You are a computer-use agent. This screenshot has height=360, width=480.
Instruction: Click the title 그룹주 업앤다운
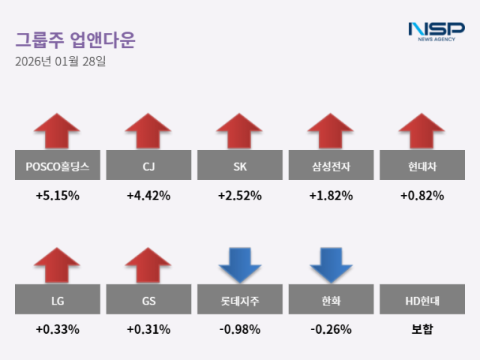pyautogui.click(x=75, y=39)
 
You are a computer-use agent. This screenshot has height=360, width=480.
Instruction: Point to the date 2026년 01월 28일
pyautogui.click(x=60, y=61)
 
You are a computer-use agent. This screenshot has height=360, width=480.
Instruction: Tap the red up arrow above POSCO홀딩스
pyautogui.click(x=57, y=131)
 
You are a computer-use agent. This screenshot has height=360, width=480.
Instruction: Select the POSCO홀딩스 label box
pyautogui.click(x=57, y=166)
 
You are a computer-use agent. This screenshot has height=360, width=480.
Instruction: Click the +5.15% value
pyautogui.click(x=57, y=196)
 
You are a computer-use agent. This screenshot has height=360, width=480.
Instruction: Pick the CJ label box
pyautogui.click(x=148, y=166)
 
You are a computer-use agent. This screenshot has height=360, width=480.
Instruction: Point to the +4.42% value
pyautogui.click(x=148, y=196)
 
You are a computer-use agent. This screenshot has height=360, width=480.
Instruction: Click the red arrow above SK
pyautogui.click(x=239, y=131)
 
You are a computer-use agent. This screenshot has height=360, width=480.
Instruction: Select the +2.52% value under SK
pyautogui.click(x=239, y=196)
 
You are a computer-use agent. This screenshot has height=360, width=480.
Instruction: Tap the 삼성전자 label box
pyautogui.click(x=331, y=166)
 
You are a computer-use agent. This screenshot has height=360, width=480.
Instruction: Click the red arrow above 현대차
pyautogui.click(x=421, y=131)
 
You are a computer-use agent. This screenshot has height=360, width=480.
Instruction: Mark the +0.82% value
pyautogui.click(x=421, y=196)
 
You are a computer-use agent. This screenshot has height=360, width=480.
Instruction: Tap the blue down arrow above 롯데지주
pyautogui.click(x=239, y=265)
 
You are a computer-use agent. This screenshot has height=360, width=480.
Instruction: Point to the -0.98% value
pyautogui.click(x=239, y=329)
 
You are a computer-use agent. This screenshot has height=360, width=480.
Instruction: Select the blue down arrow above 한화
pyautogui.click(x=331, y=265)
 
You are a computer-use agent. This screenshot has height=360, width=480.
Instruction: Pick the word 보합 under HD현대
pyautogui.click(x=421, y=329)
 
